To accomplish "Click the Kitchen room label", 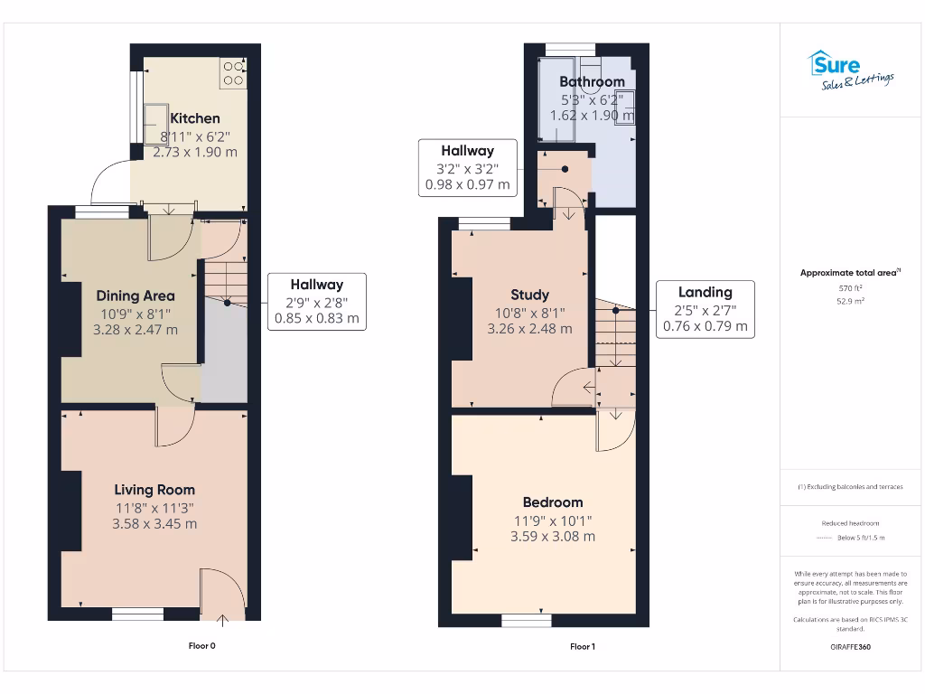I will (194, 118).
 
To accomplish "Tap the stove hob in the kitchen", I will (233, 72).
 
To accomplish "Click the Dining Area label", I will (135, 295).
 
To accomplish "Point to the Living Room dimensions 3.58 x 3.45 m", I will (154, 523).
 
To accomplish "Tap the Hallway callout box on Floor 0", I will (316, 301).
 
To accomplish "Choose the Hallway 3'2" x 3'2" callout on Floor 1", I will (467, 167).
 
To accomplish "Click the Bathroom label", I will (592, 81).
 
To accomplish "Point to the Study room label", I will (529, 295).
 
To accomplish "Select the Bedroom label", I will (553, 502).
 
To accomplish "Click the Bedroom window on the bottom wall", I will (527, 620).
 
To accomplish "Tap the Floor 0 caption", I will (201, 646).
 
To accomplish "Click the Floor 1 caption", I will (583, 646).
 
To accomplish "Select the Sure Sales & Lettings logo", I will (849, 71).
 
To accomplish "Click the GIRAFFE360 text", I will (850, 647).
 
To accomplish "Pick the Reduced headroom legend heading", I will (850, 523).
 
